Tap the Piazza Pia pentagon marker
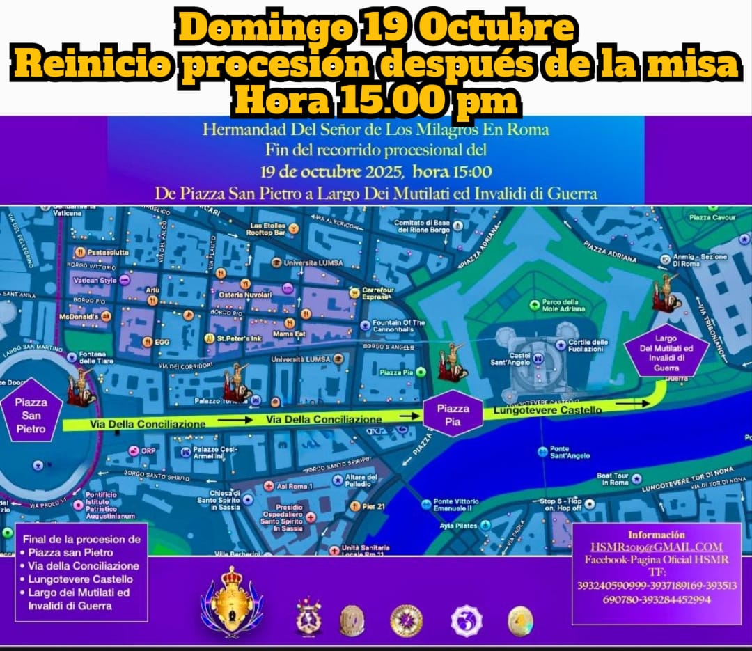pyautogui.click(x=453, y=414)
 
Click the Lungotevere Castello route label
pyautogui.click(x=547, y=411)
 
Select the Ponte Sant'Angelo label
pyautogui.click(x=569, y=452)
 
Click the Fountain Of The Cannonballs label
pyautogui.click(x=398, y=327)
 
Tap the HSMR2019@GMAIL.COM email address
pyautogui.click(x=656, y=547)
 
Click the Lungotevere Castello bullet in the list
pyautogui.click(x=81, y=579)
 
